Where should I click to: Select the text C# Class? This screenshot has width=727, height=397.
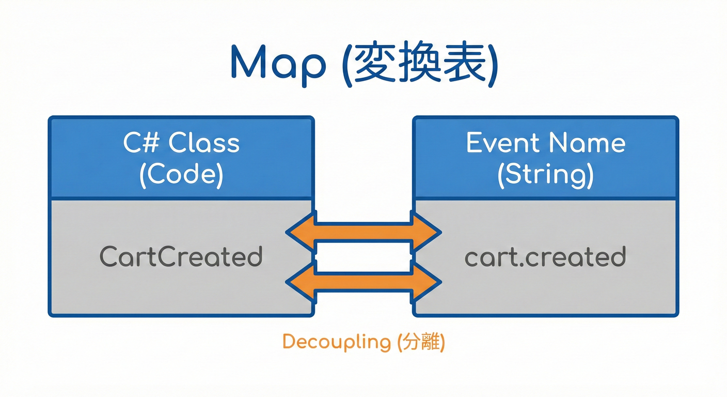click(181, 143)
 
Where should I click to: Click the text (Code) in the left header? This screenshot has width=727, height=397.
click(181, 175)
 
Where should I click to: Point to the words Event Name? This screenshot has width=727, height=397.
click(545, 143)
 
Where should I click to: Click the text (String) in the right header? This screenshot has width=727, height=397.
click(545, 175)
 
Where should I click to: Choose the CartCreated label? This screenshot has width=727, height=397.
click(181, 257)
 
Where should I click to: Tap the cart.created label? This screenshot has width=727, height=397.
click(545, 257)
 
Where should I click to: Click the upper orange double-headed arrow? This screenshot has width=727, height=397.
click(363, 233)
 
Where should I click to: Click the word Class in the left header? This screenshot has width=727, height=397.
click(205, 143)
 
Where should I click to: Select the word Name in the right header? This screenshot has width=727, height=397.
click(593, 143)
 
